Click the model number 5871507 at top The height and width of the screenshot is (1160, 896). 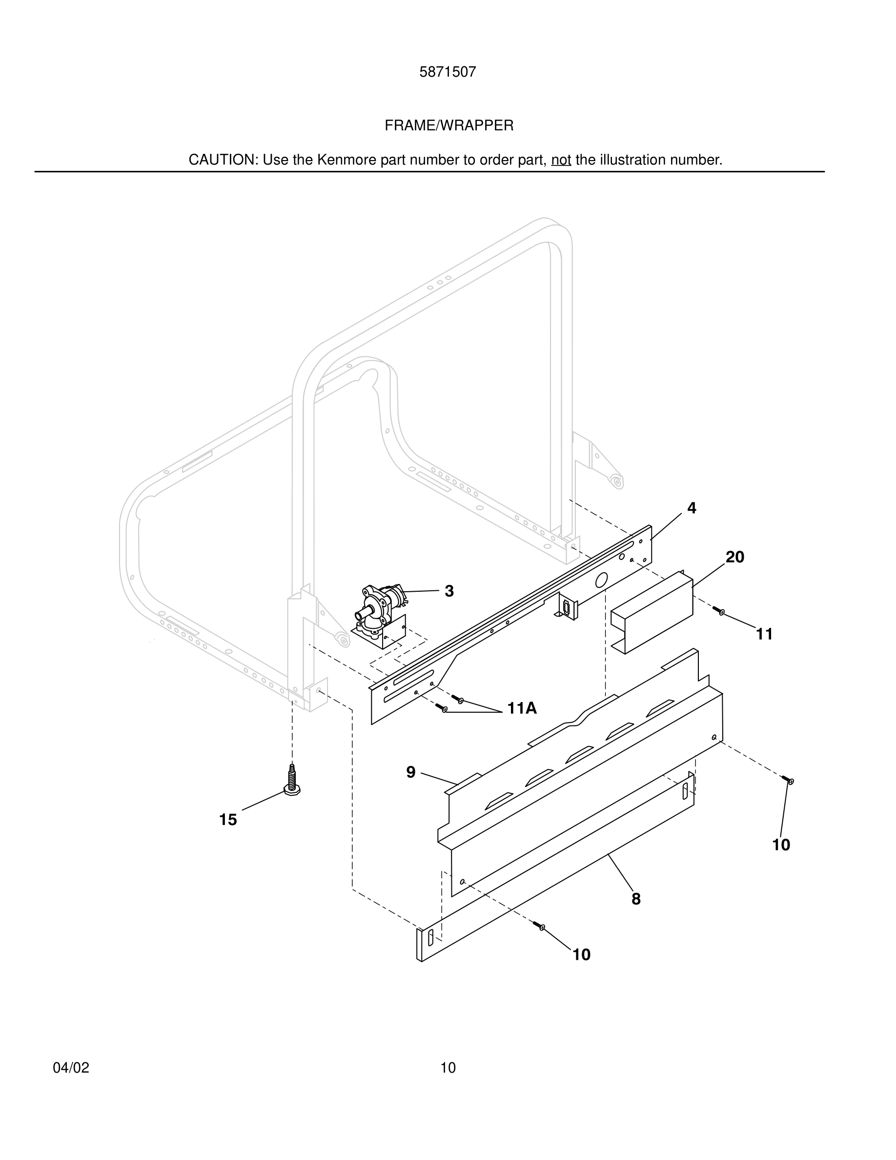pos(448,72)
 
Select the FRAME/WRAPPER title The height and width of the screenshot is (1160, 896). pos(448,126)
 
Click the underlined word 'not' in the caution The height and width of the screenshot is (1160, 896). pos(561,160)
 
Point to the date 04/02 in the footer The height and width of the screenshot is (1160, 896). pos(71,1068)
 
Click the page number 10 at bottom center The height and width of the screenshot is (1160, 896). pos(448,1068)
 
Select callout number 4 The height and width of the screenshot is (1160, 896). pos(691,508)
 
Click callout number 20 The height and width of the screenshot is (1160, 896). pos(734,557)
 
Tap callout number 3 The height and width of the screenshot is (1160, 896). pos(449,591)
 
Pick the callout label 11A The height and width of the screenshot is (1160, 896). pos(522,708)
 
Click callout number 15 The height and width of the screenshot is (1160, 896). pos(228,820)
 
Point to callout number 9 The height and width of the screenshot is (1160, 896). pos(410,772)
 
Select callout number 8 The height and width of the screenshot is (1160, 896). pos(636,899)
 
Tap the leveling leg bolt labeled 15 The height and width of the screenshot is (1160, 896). pos(291,781)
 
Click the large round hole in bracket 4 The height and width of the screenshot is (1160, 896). pos(601,580)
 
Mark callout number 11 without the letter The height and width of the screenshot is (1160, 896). pos(764,634)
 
